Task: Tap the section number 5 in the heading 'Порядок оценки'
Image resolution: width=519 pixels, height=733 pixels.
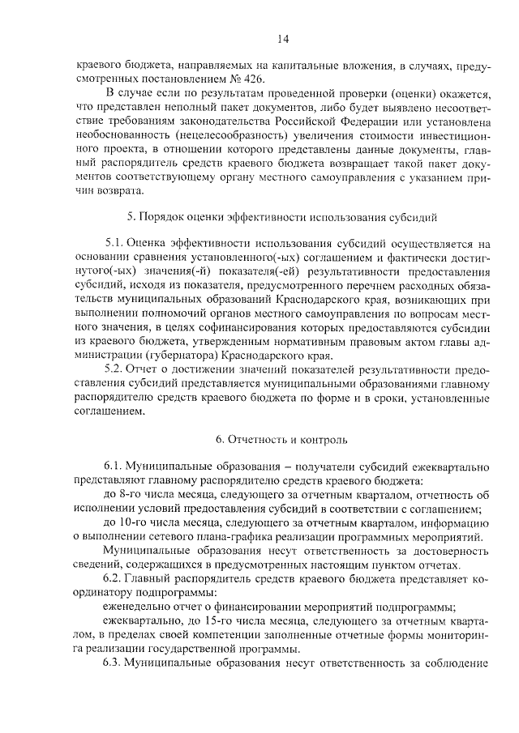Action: [131, 217]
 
